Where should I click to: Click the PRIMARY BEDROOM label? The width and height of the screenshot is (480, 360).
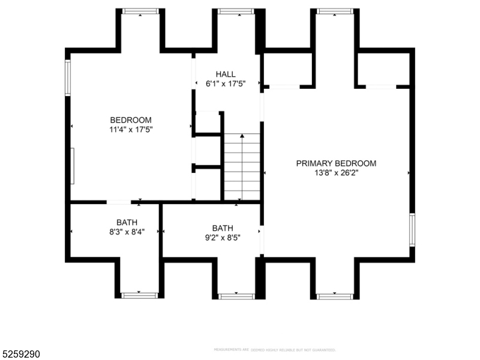pos(336,163)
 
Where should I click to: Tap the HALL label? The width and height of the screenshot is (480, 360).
pos(226,74)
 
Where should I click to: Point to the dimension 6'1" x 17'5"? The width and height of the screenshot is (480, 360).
pos(226,84)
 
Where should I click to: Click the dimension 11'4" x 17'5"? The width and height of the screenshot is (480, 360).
pos(131,129)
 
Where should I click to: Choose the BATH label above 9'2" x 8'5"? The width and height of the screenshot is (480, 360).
pos(222,228)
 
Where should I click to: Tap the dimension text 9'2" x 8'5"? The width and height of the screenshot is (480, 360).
pos(222,238)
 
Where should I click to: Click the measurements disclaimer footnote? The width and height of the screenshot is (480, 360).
pos(274,349)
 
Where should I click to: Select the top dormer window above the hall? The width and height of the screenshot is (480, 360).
pos(236,11)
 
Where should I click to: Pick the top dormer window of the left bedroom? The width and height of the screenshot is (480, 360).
pos(140,11)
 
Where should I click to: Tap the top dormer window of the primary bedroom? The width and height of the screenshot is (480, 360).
pos(334,11)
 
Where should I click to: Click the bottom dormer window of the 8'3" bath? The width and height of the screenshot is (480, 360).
pos(139,295)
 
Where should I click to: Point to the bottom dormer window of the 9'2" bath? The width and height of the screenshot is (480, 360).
pos(236,295)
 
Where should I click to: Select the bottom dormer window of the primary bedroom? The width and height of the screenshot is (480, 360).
pos(334,295)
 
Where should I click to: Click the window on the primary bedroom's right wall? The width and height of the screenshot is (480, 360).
pos(412,229)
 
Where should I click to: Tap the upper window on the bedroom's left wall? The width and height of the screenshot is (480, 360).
pos(68,78)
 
